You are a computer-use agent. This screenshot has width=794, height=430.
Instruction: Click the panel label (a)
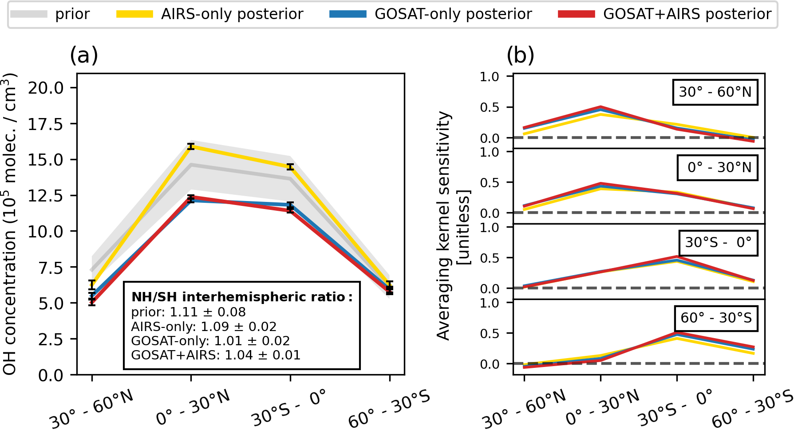(x=84, y=56)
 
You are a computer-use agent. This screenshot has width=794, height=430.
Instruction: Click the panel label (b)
(x=520, y=56)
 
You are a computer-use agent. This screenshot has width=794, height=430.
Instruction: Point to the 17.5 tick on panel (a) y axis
(x=46, y=124)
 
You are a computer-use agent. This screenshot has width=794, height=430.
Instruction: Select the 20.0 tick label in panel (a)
(x=46, y=88)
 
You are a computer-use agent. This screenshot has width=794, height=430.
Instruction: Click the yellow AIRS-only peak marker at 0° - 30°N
(x=191, y=146)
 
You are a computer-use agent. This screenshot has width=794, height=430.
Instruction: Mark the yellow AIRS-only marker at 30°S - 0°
(x=290, y=167)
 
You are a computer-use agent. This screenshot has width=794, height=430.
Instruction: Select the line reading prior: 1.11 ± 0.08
(x=188, y=312)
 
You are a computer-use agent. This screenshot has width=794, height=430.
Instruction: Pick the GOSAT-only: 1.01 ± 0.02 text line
(x=210, y=341)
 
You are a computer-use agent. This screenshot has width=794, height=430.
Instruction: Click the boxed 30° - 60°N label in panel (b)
(x=715, y=92)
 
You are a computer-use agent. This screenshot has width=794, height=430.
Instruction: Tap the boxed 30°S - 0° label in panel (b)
(x=718, y=242)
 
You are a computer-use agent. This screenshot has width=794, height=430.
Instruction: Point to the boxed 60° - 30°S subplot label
(x=716, y=318)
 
